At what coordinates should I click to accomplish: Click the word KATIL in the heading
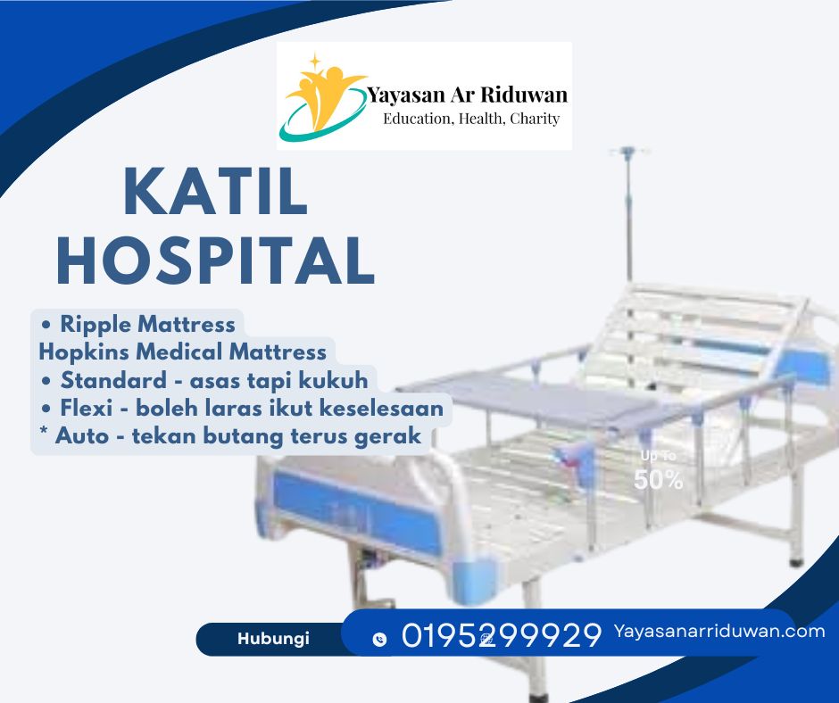[216, 191]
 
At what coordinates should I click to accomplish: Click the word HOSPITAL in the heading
[216, 261]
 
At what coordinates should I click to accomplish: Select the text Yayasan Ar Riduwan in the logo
[467, 95]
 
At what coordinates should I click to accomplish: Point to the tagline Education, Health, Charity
[471, 119]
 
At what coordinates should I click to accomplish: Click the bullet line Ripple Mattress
[138, 324]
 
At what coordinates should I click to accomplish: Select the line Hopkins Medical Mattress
[182, 352]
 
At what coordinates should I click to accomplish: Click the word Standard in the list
[113, 380]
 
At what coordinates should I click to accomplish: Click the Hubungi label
[273, 638]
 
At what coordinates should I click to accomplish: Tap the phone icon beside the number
[379, 639]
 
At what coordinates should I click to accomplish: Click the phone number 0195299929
[502, 635]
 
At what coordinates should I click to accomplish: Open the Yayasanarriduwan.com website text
[719, 632]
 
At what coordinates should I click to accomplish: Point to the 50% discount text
[658, 480]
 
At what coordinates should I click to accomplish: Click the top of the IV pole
[629, 152]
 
